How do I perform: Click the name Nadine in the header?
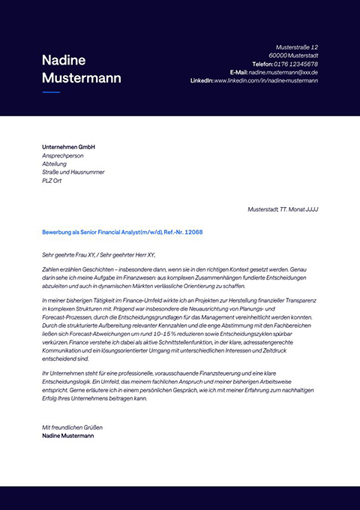[x=64, y=60]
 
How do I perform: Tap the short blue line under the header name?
[x=51, y=92]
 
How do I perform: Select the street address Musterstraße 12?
[x=297, y=46]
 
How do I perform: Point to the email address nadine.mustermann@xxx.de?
[x=283, y=72]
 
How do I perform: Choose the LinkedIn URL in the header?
[x=266, y=80]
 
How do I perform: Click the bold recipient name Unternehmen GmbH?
[x=69, y=147]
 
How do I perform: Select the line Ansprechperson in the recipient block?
[x=64, y=155]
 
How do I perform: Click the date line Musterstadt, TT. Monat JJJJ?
[x=283, y=209]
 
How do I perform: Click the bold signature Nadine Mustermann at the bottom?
[x=73, y=436]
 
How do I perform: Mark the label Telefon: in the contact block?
[x=262, y=64]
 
